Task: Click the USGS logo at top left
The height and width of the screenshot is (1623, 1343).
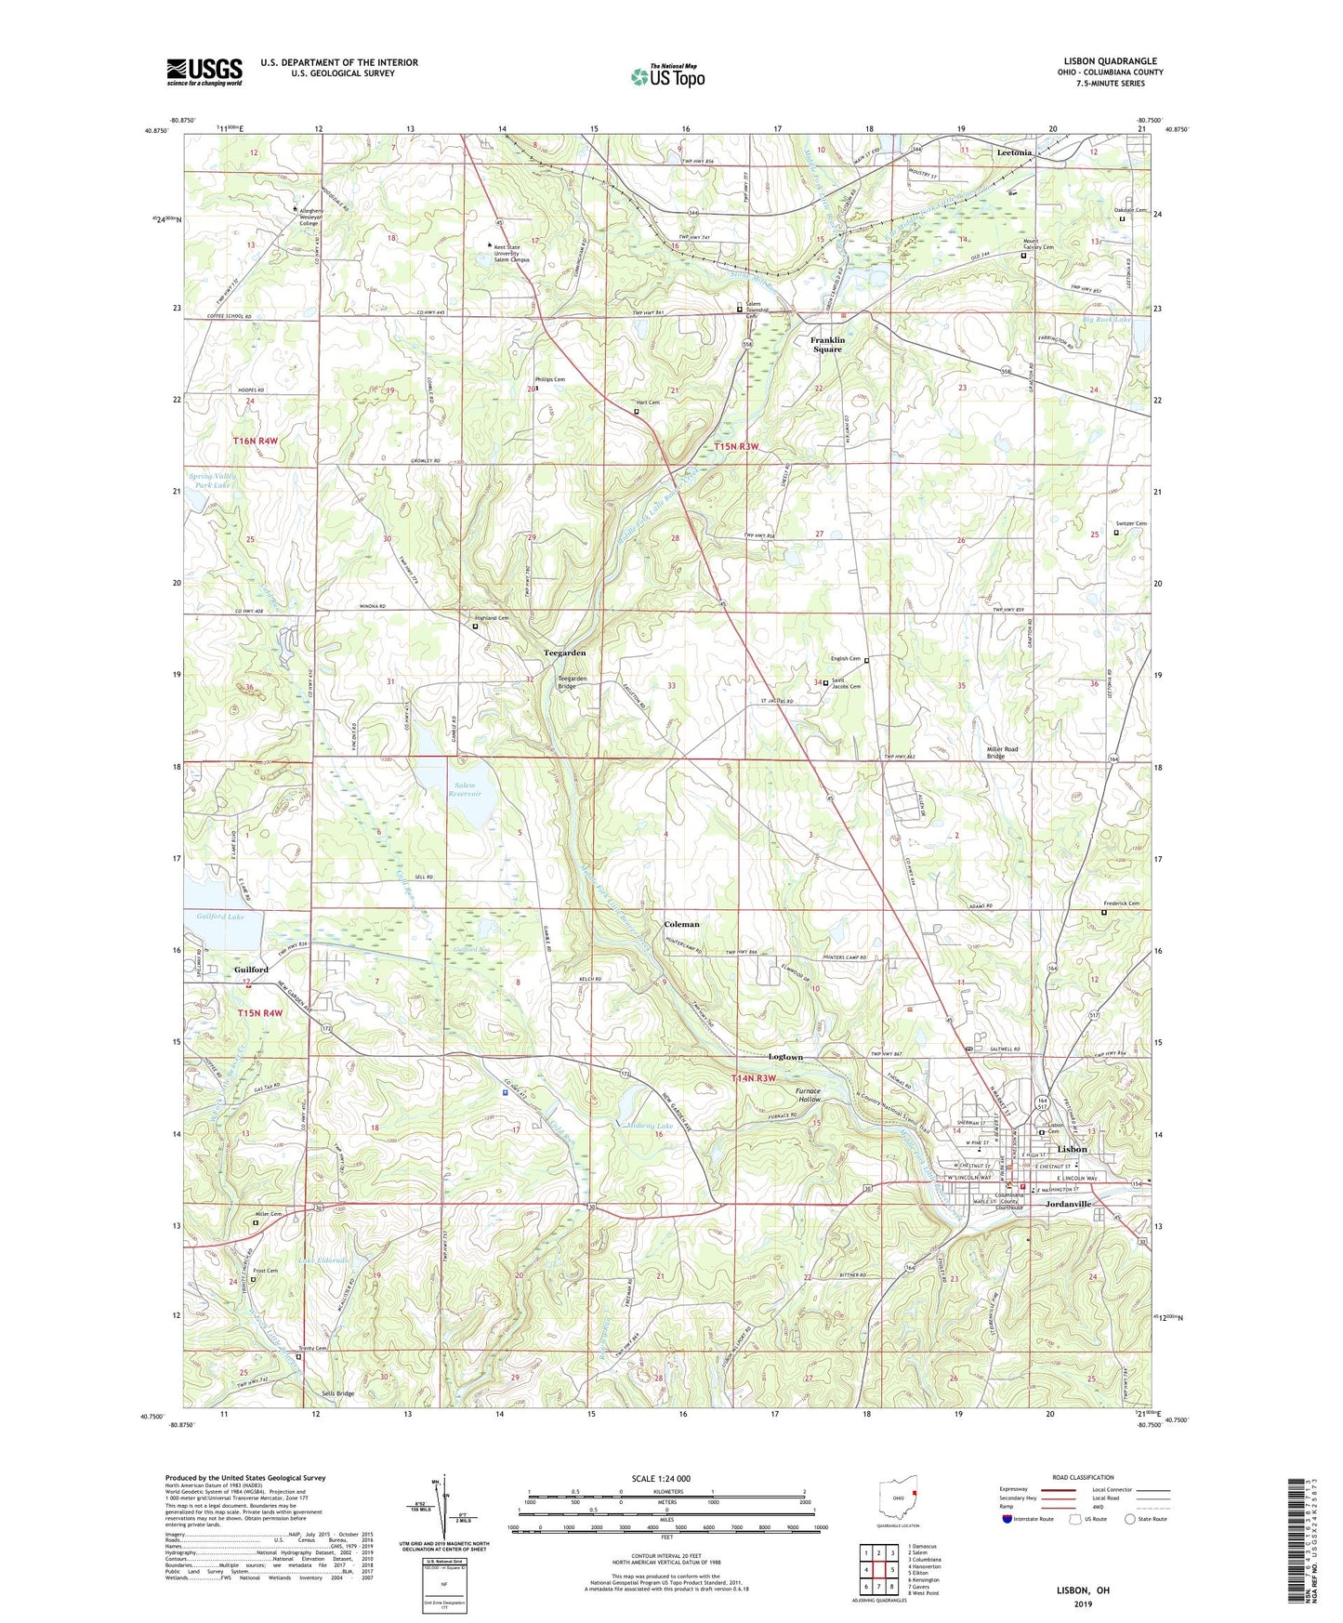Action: (x=204, y=72)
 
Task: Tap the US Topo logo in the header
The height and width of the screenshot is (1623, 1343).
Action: (x=667, y=76)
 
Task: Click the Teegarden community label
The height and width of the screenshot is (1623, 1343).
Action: (x=564, y=653)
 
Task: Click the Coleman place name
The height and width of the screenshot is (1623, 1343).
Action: (x=681, y=925)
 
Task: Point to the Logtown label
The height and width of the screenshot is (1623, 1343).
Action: (x=785, y=1057)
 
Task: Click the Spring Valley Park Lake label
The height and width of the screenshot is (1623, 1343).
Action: (x=213, y=481)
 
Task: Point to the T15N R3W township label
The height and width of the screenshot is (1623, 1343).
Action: (x=736, y=447)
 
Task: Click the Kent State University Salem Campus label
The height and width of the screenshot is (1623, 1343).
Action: (x=511, y=253)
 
